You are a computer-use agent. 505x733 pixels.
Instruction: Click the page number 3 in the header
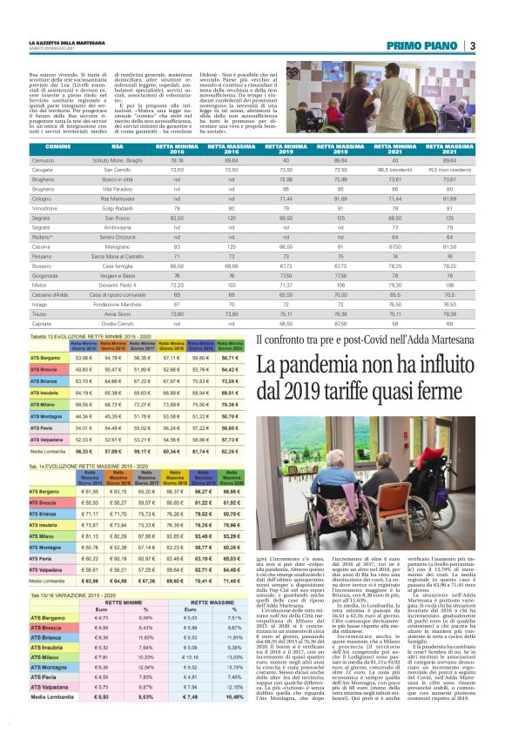tap(471, 45)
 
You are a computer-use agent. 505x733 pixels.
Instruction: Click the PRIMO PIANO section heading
tap(427, 45)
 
